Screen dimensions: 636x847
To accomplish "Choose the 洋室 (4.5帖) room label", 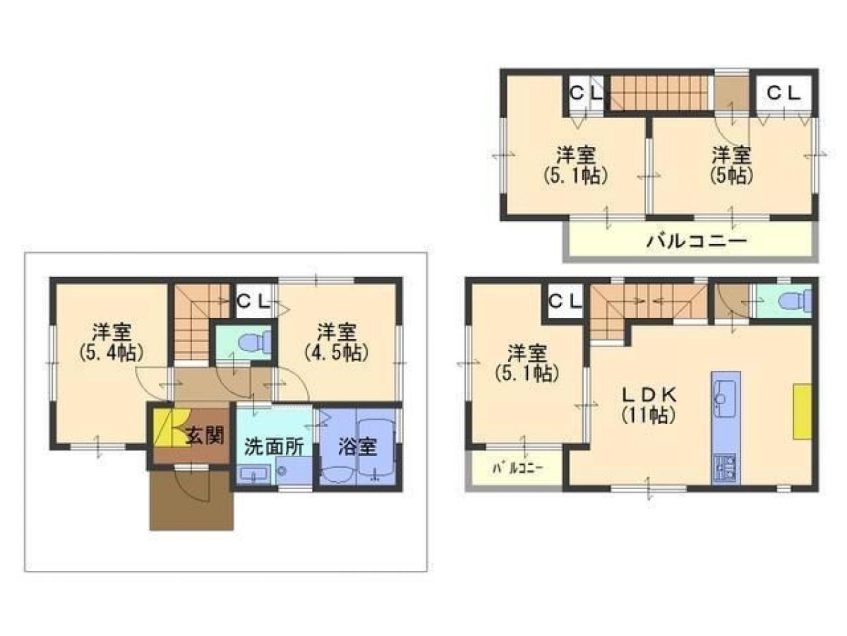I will tap(335, 341).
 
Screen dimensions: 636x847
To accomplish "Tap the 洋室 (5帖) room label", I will tap(731, 164).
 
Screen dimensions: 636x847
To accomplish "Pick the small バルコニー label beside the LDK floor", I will tap(517, 468).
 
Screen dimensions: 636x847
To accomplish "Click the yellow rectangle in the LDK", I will tap(802, 411).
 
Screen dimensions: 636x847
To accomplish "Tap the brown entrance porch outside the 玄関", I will tap(191, 500).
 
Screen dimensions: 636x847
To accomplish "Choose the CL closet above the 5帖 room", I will tap(783, 93).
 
